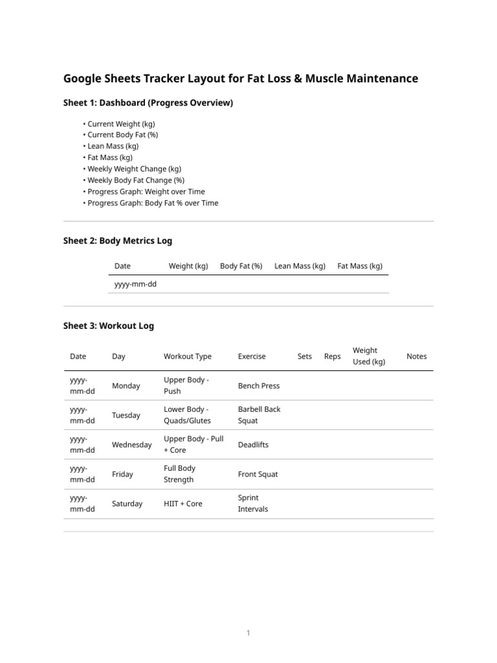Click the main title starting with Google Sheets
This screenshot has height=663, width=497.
tap(241, 79)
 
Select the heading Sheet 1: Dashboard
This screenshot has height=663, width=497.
tap(148, 103)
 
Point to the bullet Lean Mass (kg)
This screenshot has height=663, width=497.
tap(113, 146)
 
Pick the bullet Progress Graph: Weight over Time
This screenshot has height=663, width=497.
tap(146, 192)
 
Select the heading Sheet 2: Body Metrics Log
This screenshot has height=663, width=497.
tap(118, 241)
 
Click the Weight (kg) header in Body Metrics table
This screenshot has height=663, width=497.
tap(188, 266)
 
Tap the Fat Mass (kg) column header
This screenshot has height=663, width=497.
tap(360, 266)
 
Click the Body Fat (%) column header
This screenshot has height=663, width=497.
tap(241, 266)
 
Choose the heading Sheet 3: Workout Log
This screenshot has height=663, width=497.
tap(109, 326)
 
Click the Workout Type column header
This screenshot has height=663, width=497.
tap(188, 356)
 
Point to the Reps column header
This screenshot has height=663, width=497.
tap(332, 356)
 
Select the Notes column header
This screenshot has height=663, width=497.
tap(417, 356)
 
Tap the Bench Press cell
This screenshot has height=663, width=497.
tap(259, 386)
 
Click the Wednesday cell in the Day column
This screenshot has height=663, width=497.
tap(132, 445)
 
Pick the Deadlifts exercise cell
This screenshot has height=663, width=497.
tap(253, 445)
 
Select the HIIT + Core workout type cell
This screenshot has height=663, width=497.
tap(183, 504)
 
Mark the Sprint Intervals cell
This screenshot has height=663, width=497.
tap(253, 504)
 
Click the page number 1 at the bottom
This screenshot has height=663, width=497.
tap(248, 633)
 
